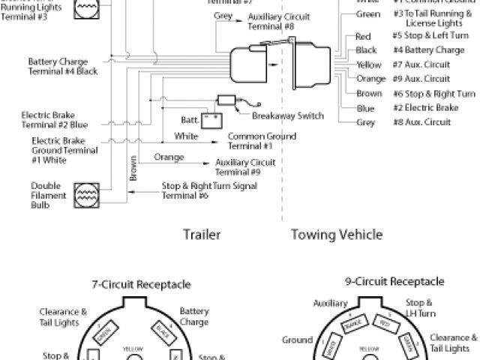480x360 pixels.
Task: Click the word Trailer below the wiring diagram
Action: coord(202,235)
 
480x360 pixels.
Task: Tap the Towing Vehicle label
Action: coord(337,235)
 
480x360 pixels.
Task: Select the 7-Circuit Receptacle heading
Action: coord(141,284)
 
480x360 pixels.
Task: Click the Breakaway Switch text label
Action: coord(289,115)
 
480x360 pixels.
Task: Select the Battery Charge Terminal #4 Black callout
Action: coord(63,66)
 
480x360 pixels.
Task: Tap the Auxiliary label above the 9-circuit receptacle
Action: coord(331,304)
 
